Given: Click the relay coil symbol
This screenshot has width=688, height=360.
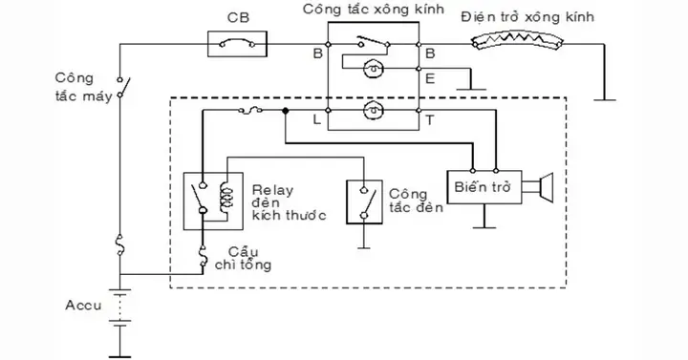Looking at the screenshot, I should tap(225, 196).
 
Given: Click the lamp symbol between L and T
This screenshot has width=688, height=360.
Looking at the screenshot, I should tap(373, 111).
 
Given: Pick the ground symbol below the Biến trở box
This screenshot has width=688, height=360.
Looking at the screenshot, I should tap(484, 227).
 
